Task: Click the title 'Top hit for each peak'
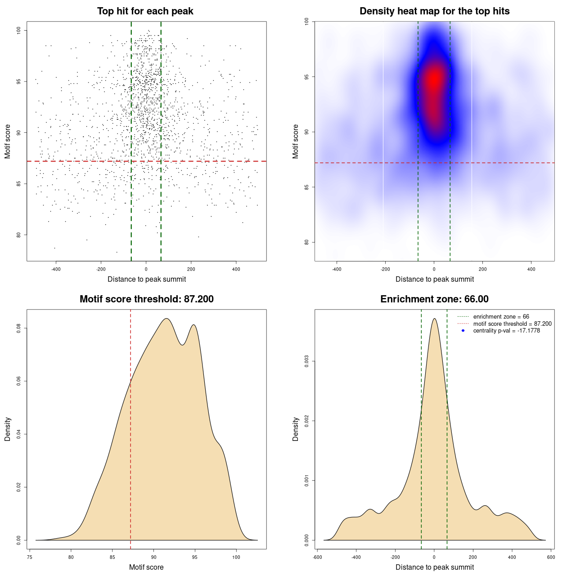click(x=145, y=11)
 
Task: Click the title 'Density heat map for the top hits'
click(x=434, y=11)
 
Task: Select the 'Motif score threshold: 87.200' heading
click(x=146, y=299)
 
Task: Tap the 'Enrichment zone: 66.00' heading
click(x=434, y=299)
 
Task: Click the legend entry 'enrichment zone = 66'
click(x=501, y=317)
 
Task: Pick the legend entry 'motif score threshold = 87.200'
click(x=512, y=324)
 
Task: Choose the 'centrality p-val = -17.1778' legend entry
click(x=506, y=331)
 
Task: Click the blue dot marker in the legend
click(x=463, y=331)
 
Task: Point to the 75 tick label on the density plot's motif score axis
click(x=29, y=557)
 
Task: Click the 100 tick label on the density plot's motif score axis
click(x=236, y=557)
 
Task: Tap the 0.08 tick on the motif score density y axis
click(x=19, y=328)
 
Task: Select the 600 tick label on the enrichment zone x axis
click(x=551, y=557)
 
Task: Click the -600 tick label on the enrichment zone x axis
click(x=317, y=557)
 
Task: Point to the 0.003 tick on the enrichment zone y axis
click(x=307, y=361)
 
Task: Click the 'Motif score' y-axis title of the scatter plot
click(x=8, y=141)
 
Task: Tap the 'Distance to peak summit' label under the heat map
click(x=434, y=279)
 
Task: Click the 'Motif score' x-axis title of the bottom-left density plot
click(x=146, y=567)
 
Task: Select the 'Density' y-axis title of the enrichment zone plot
click(x=296, y=429)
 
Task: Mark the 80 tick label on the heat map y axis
click(x=307, y=242)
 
